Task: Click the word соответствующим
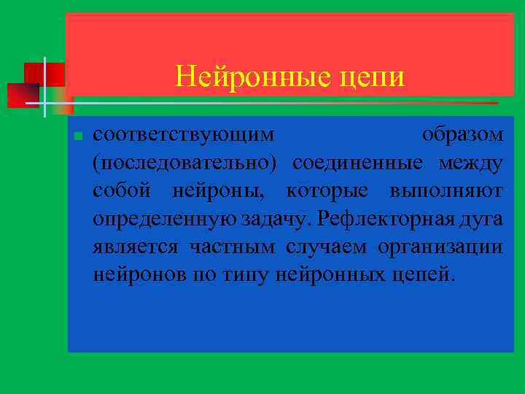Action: tap(184, 135)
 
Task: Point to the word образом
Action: tap(462, 135)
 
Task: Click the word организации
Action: tap(440, 247)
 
